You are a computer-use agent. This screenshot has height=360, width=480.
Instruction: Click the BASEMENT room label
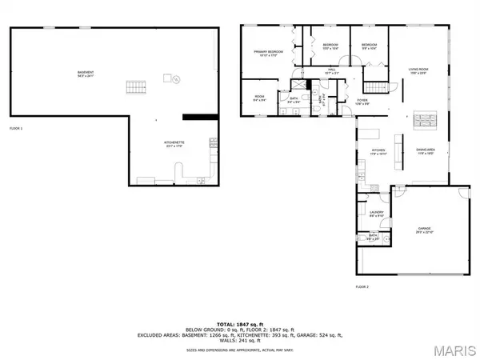(85, 74)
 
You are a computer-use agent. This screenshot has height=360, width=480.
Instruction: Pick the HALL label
(331, 71)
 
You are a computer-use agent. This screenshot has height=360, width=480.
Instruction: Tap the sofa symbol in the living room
(426, 121)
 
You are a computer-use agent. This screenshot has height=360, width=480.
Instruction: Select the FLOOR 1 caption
(17, 127)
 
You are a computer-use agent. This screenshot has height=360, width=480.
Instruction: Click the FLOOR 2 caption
(362, 286)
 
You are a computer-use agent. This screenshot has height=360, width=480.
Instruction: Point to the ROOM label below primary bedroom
(259, 99)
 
